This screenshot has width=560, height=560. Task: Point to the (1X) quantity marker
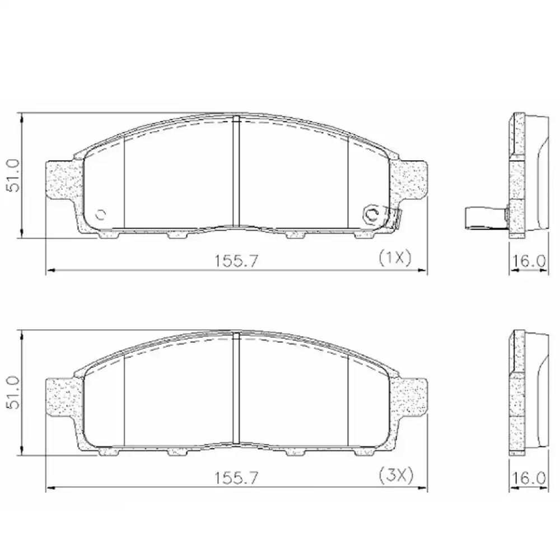[x=395, y=258]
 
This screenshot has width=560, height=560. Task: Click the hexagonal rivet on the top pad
[x=371, y=213]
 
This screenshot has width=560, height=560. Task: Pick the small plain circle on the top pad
[x=101, y=214]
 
